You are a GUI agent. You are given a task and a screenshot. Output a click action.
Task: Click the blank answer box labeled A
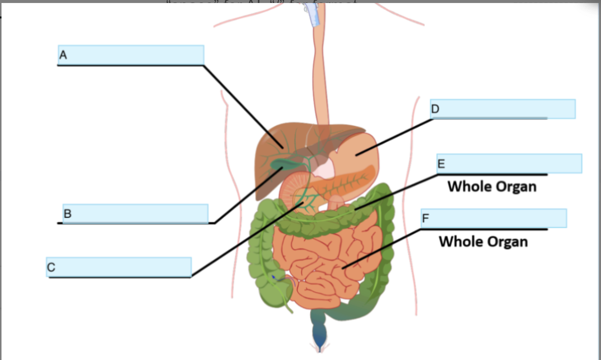[x=131, y=55]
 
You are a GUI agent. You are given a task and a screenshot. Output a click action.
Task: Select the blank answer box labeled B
[x=135, y=213]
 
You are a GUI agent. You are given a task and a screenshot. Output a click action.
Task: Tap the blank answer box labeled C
[x=119, y=267]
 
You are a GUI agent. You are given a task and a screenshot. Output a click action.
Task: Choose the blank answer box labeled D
[x=502, y=109]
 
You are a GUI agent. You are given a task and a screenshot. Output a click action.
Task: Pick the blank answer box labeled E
[x=509, y=164]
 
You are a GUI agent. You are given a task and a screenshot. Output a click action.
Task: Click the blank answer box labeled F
[x=493, y=218]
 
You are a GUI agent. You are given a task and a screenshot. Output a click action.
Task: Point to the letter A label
[x=63, y=54]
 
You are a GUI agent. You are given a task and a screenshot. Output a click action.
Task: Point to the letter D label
[x=435, y=109]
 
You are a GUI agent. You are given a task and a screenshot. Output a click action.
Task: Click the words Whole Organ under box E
[x=492, y=186]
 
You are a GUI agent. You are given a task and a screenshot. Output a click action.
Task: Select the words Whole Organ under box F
[x=483, y=241]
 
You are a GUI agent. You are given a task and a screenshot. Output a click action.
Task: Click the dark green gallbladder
[x=280, y=164]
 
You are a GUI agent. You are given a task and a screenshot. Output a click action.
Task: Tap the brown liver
[x=269, y=160]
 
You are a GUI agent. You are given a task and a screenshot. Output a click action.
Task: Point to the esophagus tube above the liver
[x=319, y=75]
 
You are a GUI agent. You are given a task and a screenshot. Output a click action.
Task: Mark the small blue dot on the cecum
[x=273, y=275]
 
